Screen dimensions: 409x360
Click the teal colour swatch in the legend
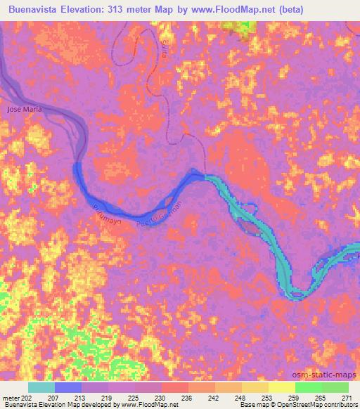(41, 387)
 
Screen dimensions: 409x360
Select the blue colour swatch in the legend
(68, 387)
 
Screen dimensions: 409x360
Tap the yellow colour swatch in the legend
(281, 387)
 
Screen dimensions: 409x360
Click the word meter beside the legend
(11, 398)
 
